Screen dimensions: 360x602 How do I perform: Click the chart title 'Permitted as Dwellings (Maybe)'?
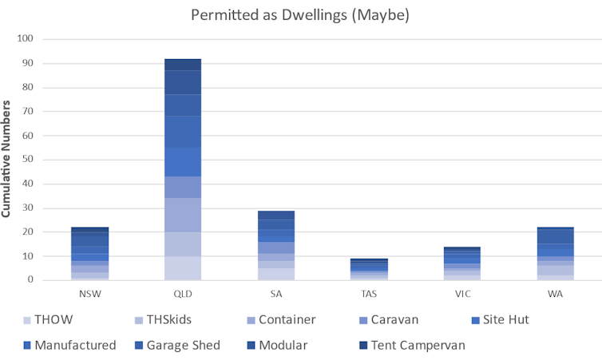point(300,15)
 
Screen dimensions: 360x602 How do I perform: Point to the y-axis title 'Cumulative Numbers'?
point(7,160)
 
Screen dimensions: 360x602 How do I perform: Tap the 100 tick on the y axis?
point(25,38)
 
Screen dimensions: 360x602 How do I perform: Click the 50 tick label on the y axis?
point(27,160)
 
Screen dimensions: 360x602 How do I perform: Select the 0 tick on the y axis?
point(30,280)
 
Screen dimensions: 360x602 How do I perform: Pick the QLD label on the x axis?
point(182,293)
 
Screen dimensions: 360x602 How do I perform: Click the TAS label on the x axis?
point(368,293)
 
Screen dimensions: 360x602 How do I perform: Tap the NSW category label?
point(89,293)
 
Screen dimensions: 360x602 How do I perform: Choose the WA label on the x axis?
point(554,293)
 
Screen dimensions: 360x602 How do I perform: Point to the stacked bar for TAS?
point(368,269)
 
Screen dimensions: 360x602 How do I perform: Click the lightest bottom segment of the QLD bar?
point(182,268)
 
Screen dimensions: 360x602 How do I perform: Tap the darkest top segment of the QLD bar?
point(182,65)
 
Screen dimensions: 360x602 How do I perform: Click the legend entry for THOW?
point(53,319)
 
